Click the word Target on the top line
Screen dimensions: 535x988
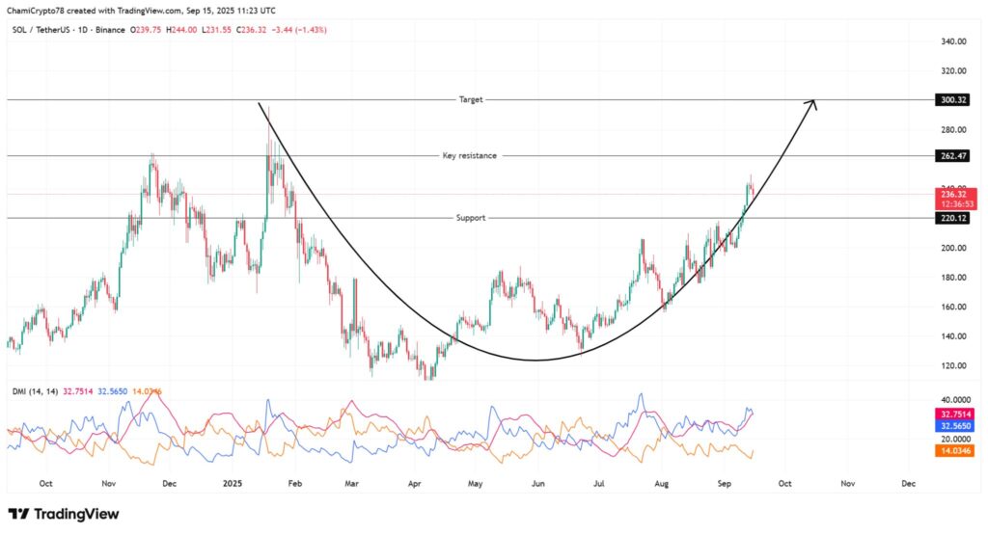(471, 100)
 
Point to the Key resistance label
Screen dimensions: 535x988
(470, 155)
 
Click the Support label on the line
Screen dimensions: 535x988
(471, 218)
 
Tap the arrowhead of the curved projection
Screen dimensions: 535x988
(813, 102)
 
